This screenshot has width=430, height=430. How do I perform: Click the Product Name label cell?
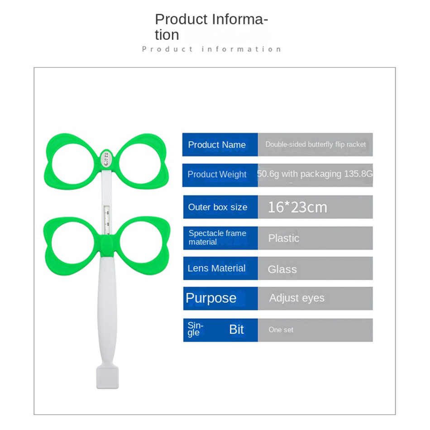click(x=220, y=144)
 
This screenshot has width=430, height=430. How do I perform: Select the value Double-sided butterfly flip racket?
click(x=315, y=144)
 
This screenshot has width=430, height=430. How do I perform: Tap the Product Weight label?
click(x=217, y=174)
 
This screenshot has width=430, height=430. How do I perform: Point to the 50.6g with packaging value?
click(x=315, y=174)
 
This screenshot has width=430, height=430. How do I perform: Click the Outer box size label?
click(x=217, y=207)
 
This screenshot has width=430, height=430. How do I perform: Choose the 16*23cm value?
click(x=297, y=207)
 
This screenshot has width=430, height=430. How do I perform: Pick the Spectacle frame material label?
click(x=217, y=238)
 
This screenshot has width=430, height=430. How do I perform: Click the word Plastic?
click(x=283, y=238)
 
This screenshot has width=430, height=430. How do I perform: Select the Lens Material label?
click(x=216, y=268)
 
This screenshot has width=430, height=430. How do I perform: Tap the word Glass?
click(x=282, y=269)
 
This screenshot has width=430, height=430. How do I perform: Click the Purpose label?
click(x=211, y=298)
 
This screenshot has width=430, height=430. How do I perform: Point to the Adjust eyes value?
click(x=297, y=298)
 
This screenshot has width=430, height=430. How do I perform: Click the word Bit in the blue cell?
click(x=236, y=330)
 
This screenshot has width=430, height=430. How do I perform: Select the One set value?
click(x=281, y=330)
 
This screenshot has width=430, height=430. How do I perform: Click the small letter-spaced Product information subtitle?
click(x=211, y=49)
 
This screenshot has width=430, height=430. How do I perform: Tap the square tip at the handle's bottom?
click(x=108, y=377)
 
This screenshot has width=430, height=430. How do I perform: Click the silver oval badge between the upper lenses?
click(x=106, y=158)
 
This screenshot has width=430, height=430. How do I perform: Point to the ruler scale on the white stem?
click(x=107, y=220)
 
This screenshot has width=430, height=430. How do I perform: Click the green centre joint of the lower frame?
click(x=107, y=246)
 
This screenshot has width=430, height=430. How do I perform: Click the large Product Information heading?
click(x=211, y=27)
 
